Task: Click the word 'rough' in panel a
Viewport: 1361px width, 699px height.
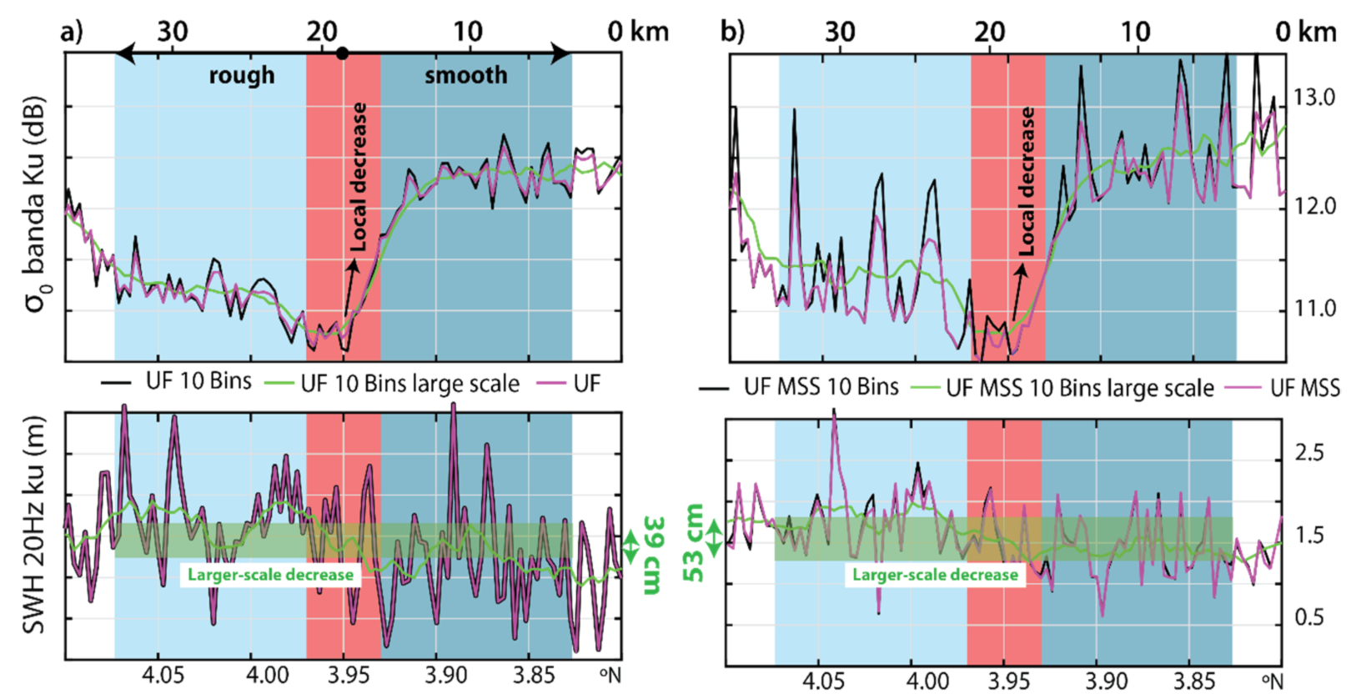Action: (x=241, y=76)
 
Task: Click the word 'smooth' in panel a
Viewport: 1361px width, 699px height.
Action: (x=465, y=76)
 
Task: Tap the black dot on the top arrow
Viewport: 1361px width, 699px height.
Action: (x=342, y=53)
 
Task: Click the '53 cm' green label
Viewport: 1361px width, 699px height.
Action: (x=695, y=542)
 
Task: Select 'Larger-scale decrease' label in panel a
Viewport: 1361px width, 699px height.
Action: (x=270, y=575)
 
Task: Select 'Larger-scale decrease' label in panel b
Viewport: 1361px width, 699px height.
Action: (x=935, y=575)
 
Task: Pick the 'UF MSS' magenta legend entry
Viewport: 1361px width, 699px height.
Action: (x=1304, y=388)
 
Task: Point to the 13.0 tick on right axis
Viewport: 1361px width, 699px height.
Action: (x=1314, y=98)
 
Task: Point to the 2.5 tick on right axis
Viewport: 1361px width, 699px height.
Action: (x=1308, y=453)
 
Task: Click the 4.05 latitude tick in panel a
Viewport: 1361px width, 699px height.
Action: (x=163, y=674)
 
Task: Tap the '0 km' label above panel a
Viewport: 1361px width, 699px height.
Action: (x=638, y=32)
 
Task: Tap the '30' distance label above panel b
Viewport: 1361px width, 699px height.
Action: (x=840, y=32)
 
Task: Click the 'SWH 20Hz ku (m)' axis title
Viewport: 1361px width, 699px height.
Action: (x=33, y=526)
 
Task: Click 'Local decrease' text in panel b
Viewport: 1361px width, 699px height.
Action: (x=1027, y=182)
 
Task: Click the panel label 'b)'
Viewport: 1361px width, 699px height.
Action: (x=732, y=32)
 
